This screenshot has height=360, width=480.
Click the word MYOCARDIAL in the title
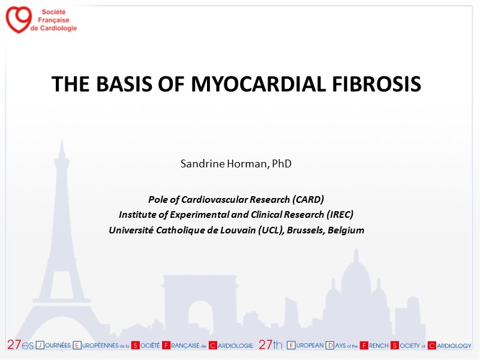tap(259, 84)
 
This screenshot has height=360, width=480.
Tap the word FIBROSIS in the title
tap(377, 84)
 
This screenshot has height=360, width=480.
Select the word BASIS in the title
tap(124, 84)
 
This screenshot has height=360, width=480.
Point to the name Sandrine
tap(203, 164)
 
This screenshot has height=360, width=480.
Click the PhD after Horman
tap(281, 163)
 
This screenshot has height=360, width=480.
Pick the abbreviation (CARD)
tap(308, 200)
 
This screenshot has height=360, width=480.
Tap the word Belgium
tap(346, 230)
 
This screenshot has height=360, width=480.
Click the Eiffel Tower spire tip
tap(62, 139)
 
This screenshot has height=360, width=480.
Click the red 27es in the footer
tap(20, 344)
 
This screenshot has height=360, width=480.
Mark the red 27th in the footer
tap(271, 344)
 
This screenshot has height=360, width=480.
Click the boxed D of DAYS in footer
tap(330, 346)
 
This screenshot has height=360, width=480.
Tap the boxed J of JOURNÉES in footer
tap(40, 346)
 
